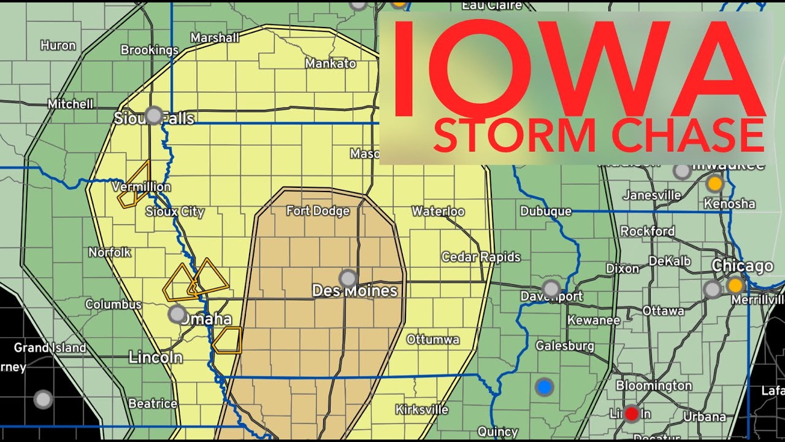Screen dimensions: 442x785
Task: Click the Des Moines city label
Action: pos(354,291)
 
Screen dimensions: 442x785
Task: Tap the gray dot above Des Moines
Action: pos(348,278)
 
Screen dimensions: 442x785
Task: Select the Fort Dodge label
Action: pos(318,211)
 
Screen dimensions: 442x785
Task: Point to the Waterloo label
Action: pos(438,211)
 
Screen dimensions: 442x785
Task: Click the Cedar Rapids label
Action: pos(481,257)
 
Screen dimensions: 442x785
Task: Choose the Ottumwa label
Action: pos(433,339)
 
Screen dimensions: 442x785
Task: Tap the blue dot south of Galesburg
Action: pos(544,387)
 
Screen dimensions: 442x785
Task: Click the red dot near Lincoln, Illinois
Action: pos(631,413)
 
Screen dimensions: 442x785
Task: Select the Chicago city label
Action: pos(742,266)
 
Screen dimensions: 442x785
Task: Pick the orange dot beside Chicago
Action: pos(735,285)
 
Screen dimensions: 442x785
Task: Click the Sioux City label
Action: pos(175,212)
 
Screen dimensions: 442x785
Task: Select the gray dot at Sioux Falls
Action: pos(154,115)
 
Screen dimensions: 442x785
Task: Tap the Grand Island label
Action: pos(50,347)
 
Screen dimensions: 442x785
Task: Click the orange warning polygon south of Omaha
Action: pos(228,340)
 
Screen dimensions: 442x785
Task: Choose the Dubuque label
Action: pos(546,211)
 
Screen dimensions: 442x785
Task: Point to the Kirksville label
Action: pos(422,409)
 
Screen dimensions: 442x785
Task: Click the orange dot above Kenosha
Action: pos(714,183)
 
